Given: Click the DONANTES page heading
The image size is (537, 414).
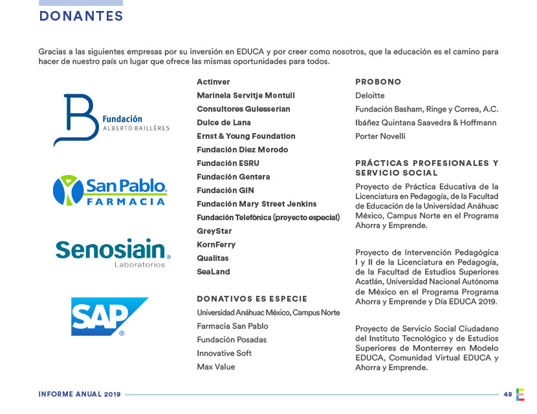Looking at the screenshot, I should tap(81, 16).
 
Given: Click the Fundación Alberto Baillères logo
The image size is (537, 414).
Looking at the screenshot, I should tap(111, 121).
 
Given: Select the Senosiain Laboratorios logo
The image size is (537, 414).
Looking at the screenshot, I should tap(113, 253).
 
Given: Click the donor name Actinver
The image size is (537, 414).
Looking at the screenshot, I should tap(214, 82).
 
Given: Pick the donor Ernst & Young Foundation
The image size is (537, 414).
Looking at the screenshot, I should tap(246, 136).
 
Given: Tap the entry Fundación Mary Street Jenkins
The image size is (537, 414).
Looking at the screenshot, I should tap(257, 204).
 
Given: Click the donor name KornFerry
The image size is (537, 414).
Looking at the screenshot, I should tap(216, 245).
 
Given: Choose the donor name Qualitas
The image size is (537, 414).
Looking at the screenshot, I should tap(213, 258).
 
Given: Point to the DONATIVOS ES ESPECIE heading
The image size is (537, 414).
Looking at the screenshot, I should tap(252, 299).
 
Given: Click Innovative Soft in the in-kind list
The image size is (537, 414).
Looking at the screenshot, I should tap(225, 353).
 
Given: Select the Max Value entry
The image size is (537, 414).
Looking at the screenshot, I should tap(216, 367).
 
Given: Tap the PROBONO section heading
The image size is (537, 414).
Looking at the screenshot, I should tap(378, 82).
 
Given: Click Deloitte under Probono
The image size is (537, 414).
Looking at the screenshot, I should tap(370, 96).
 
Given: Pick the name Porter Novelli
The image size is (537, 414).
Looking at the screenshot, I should tap(380, 136).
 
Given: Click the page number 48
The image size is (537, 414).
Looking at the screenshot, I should tap(508, 394).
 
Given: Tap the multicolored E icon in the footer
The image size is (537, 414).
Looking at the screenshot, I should tap(520, 394).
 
